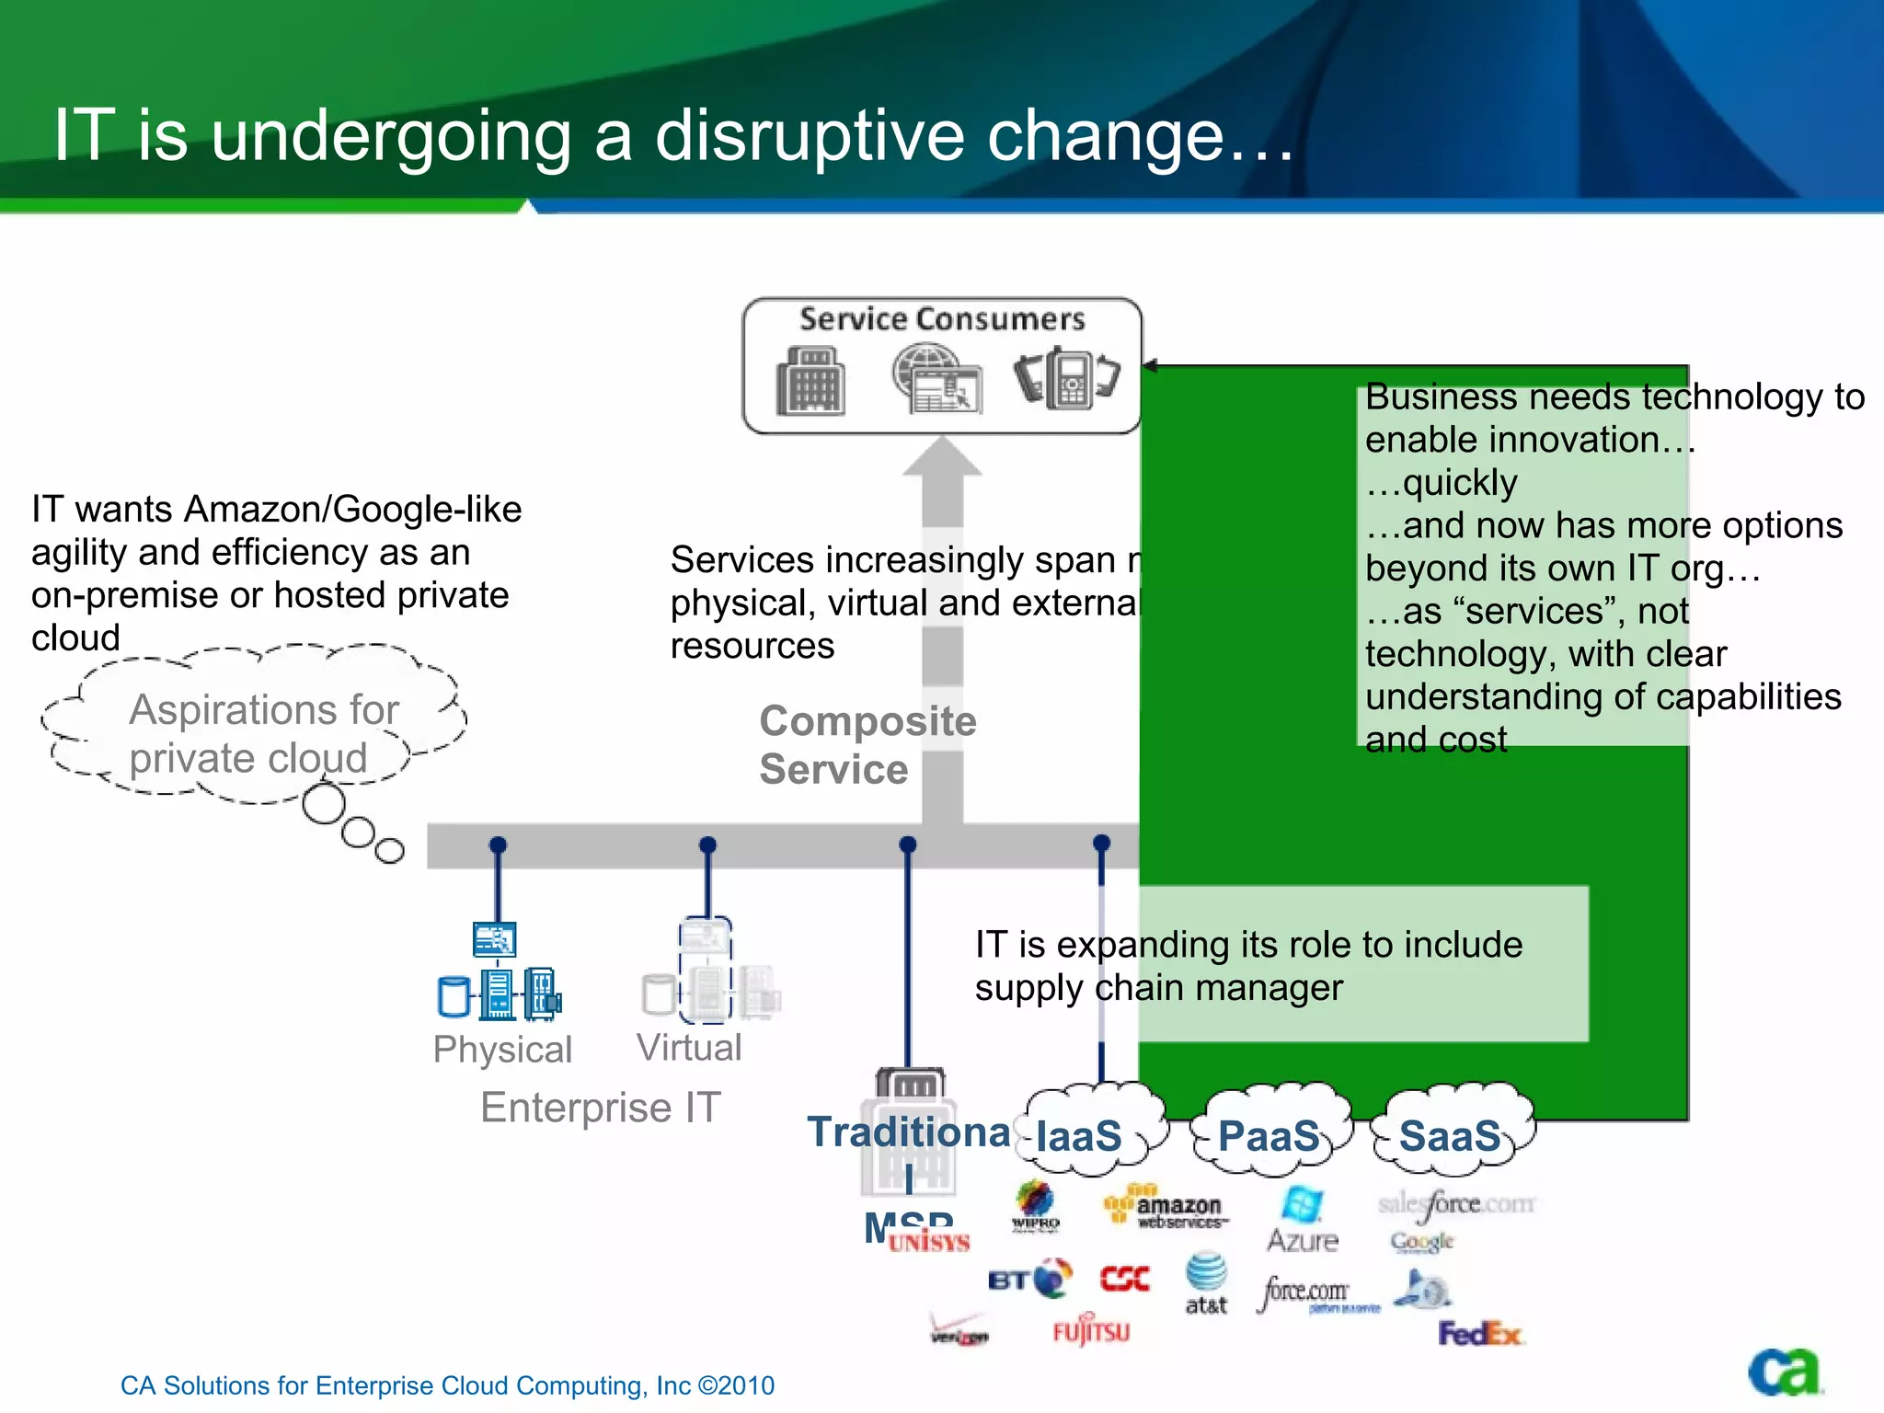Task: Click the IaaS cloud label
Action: (1079, 1136)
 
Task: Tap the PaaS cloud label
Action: (1269, 1136)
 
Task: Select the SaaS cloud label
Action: (1451, 1136)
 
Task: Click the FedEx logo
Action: (1480, 1333)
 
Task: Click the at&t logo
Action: (1206, 1283)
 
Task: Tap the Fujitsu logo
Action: (1091, 1330)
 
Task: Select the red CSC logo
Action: (1124, 1279)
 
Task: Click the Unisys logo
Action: (929, 1243)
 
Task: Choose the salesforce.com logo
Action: (1456, 1204)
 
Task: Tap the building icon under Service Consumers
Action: (810, 381)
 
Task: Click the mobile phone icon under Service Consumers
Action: (1067, 377)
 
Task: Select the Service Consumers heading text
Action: (942, 319)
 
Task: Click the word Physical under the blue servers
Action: (502, 1050)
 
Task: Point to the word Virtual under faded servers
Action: (689, 1048)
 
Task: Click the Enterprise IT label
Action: (601, 1108)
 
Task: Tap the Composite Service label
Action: (867, 744)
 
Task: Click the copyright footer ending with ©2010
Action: (447, 1385)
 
